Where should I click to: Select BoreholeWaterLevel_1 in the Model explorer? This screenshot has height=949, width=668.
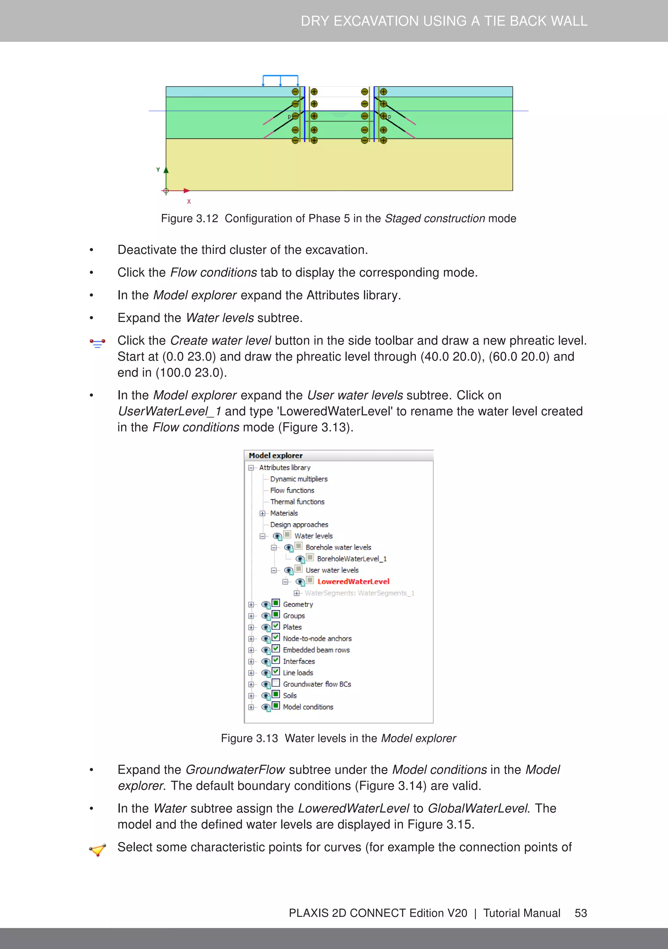click(x=351, y=559)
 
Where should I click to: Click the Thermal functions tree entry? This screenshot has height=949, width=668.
click(x=297, y=502)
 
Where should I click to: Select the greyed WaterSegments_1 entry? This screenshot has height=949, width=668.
click(x=359, y=593)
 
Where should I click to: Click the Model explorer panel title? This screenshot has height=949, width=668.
click(x=276, y=455)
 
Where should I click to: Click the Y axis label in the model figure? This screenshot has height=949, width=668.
click(x=158, y=169)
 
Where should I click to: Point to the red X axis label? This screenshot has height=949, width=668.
click(x=189, y=202)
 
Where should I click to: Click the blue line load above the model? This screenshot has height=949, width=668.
click(x=280, y=76)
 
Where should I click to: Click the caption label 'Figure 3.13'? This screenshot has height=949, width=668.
click(x=249, y=738)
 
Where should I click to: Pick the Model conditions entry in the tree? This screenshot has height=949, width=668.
click(x=308, y=707)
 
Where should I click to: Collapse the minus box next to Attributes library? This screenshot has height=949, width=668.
click(x=251, y=468)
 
